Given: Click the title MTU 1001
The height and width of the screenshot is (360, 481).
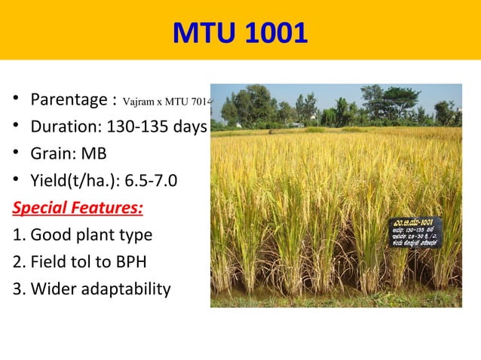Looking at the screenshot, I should coord(240,33).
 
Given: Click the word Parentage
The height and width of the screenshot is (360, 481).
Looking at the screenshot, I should coord(64,100).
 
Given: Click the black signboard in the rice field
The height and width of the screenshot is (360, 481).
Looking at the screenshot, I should coord(414,231).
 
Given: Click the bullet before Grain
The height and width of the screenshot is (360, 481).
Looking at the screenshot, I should coord(15,154).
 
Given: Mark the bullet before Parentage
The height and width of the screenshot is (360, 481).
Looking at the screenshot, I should coord(15,101).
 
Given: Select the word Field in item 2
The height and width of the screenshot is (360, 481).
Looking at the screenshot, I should coord(46,261).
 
